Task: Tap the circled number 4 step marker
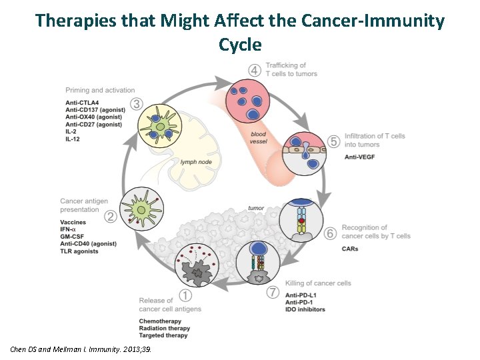point(254,70)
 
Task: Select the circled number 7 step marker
point(271,292)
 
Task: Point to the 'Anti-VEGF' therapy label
point(360,157)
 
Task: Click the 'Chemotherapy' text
point(162,321)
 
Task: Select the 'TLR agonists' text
point(79,251)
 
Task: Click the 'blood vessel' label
point(258,138)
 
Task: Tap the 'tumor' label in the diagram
point(256,208)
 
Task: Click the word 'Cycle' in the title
point(239,45)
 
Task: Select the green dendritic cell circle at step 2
point(139,210)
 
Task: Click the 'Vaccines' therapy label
point(73,222)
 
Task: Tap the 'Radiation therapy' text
point(165,328)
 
